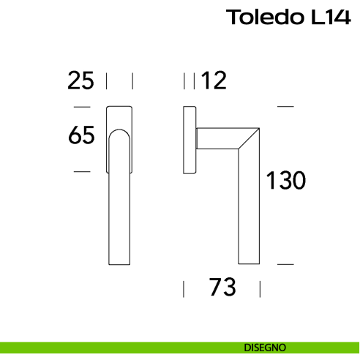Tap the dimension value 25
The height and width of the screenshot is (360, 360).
[80, 80]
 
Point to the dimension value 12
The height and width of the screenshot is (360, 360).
[213, 80]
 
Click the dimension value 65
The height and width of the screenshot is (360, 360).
[82, 136]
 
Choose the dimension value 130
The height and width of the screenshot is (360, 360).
[285, 180]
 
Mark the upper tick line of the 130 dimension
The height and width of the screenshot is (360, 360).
[285, 107]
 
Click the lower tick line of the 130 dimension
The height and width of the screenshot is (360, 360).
[285, 263]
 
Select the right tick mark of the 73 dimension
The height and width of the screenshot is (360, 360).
[259, 288]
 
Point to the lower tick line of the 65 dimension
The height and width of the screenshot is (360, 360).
[82, 171]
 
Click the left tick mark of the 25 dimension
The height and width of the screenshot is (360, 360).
[108, 80]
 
